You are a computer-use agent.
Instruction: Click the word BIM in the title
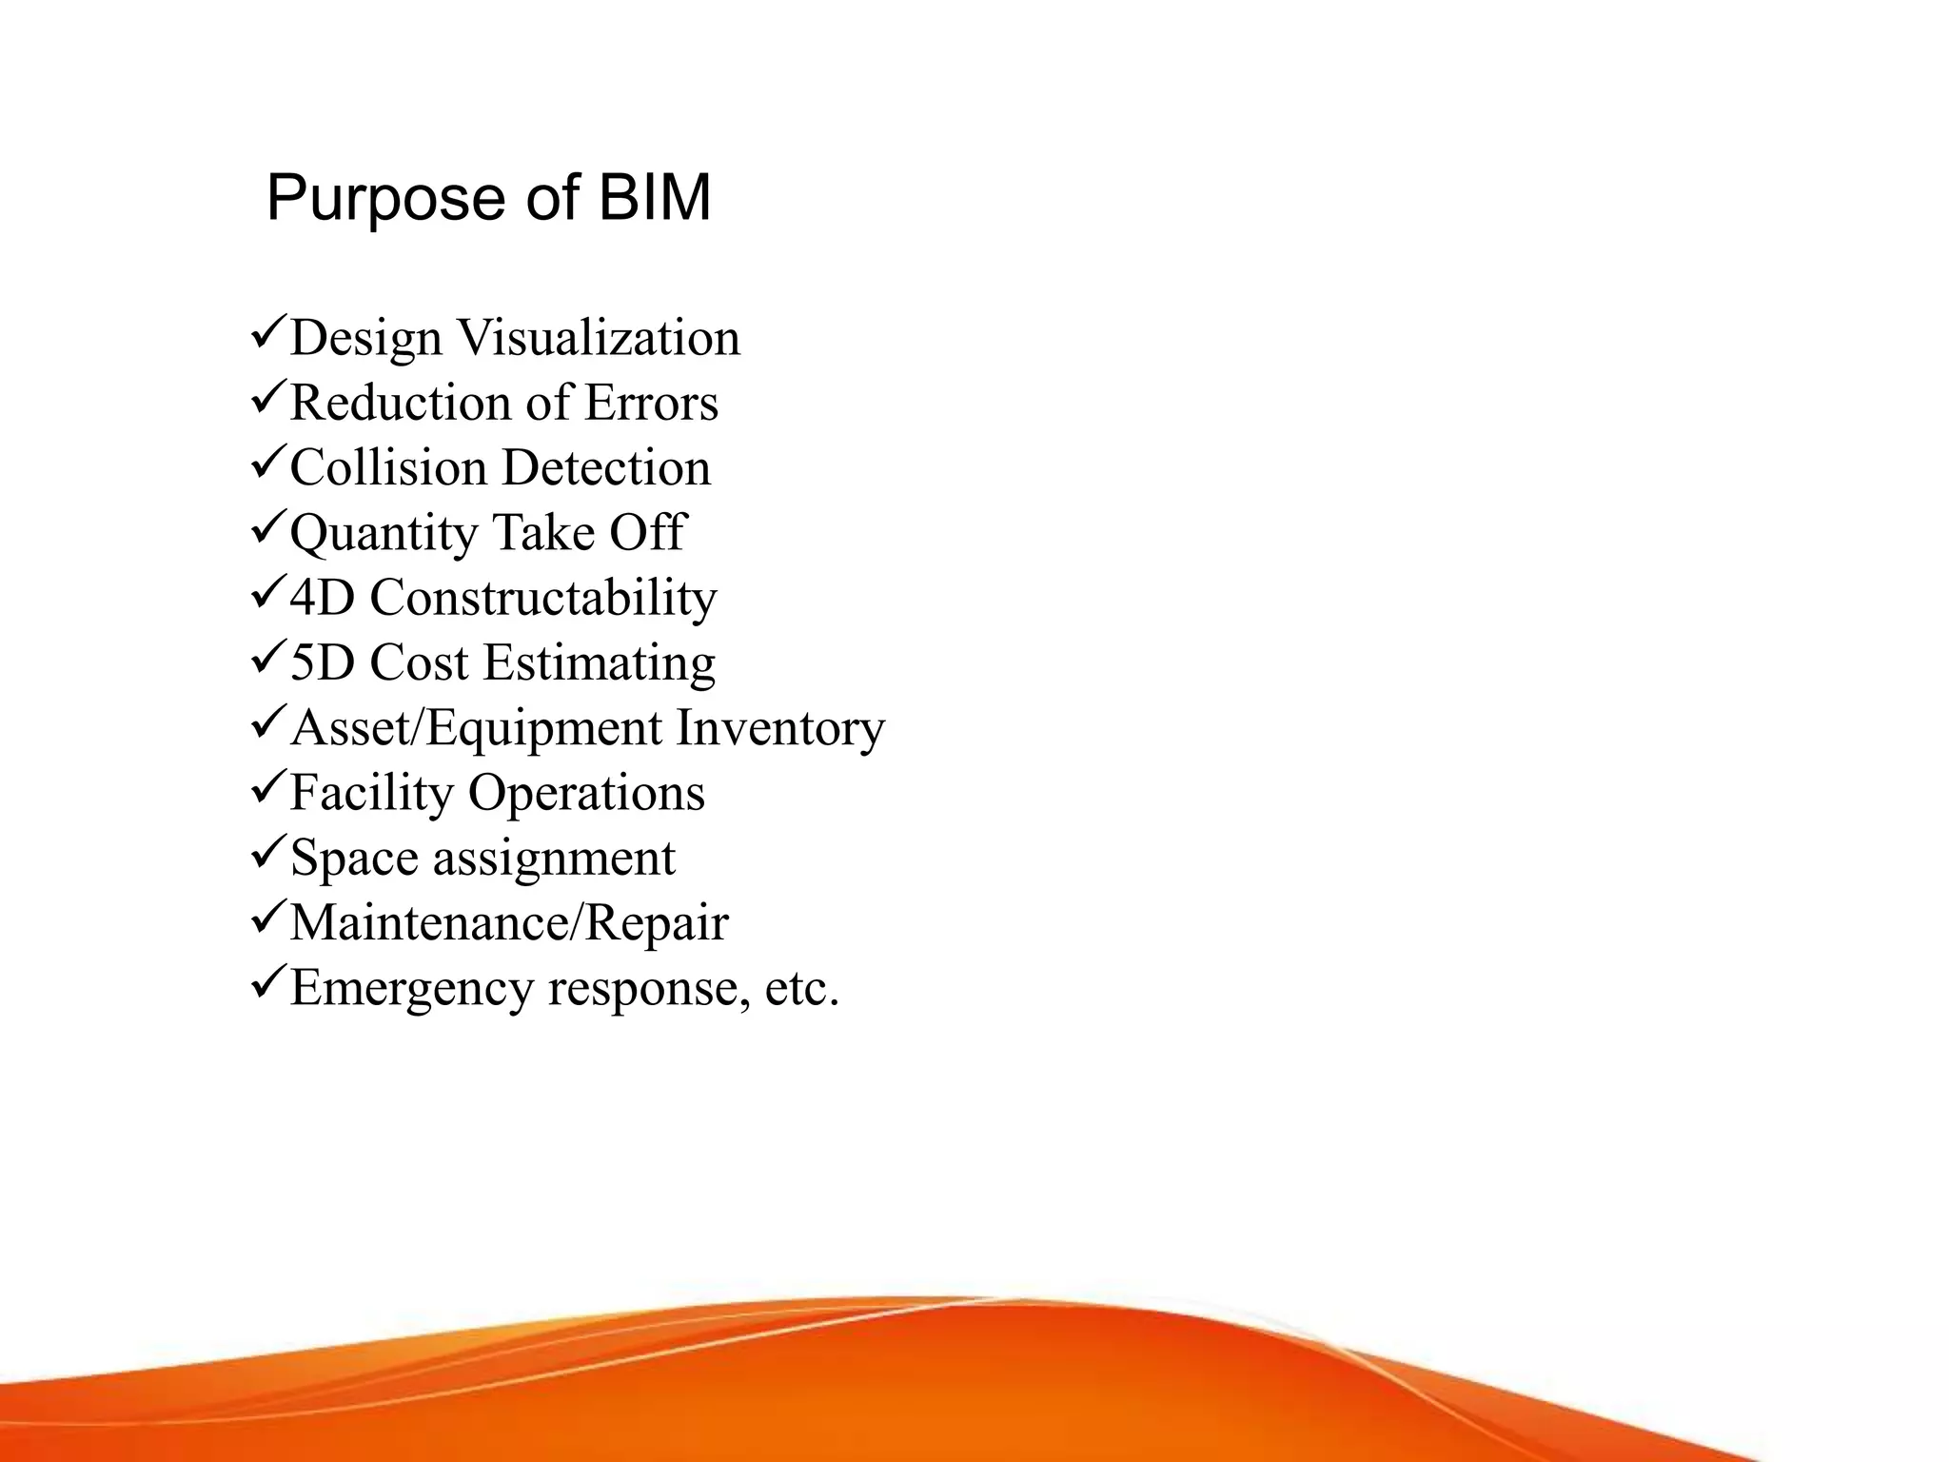pyautogui.click(x=655, y=198)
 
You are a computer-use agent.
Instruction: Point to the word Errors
pyautogui.click(x=651, y=403)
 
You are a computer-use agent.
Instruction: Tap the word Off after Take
pyautogui.click(x=647, y=532)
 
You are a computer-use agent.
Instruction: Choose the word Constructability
pyautogui.click(x=543, y=599)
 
